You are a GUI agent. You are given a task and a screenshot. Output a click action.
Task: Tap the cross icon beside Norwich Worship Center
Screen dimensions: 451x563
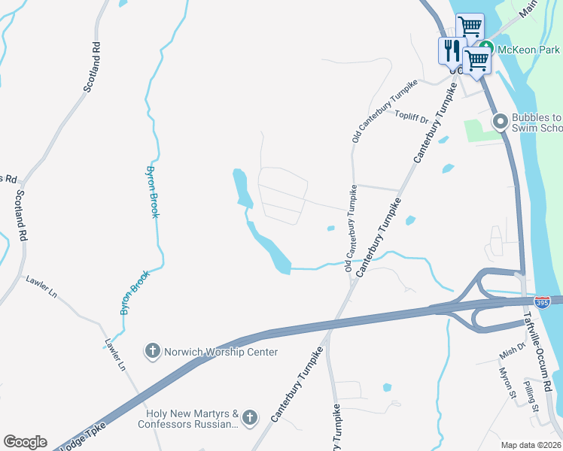coord(151,351)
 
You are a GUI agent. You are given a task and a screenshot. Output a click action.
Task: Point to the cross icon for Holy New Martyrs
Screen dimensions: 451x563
coord(250,416)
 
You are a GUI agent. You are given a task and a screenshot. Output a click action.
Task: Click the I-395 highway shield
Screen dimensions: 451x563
coord(543,301)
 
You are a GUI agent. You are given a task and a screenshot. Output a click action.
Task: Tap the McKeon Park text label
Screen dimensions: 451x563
coord(528,50)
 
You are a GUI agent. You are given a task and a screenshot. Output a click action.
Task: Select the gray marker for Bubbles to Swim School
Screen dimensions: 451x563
coord(499,120)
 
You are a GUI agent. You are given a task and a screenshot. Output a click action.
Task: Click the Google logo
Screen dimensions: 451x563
coord(25,442)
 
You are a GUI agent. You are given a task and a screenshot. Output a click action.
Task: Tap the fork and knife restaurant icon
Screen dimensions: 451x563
coord(452,51)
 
